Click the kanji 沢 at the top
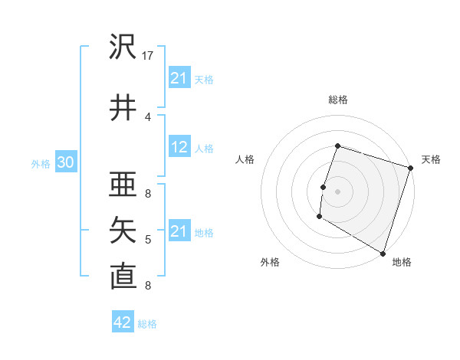click(x=123, y=47)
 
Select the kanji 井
click(x=123, y=107)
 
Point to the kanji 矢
click(x=123, y=230)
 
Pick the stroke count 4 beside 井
click(x=148, y=116)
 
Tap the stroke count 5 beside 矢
click(x=148, y=240)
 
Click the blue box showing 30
click(x=65, y=163)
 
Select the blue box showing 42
click(x=123, y=322)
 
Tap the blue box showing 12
click(x=179, y=148)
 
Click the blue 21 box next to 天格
click(x=179, y=78)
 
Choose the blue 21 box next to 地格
click(x=179, y=231)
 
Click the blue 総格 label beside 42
click(x=147, y=324)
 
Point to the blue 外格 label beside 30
click(x=41, y=164)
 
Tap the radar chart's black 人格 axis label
click(x=245, y=159)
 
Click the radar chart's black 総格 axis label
click(x=337, y=100)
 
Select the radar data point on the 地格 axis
click(x=383, y=253)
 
